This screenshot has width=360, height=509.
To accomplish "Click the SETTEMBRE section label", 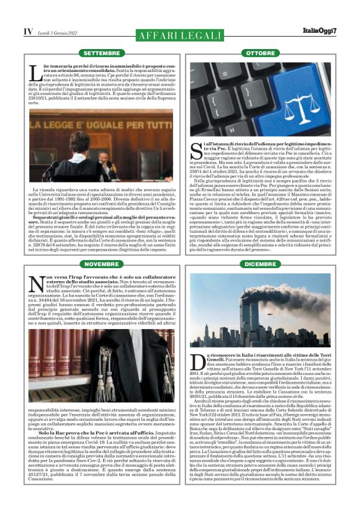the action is coord(102,53).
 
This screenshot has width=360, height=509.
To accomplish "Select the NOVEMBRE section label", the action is coord(102,264).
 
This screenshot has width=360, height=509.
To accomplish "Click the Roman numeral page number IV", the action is coord(28,31).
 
